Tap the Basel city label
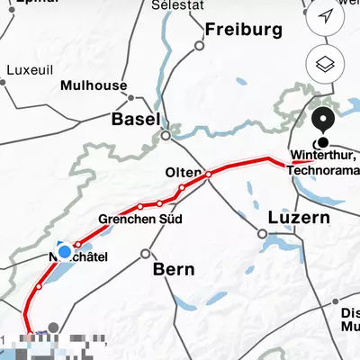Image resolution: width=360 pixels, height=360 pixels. pos(135,119)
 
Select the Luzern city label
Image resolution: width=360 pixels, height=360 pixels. pos(299,218)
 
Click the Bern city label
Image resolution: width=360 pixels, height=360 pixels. pos(174,268)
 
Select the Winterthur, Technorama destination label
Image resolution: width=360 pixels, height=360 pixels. pos(323,165)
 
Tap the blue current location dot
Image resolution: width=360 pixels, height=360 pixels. pos(64,251)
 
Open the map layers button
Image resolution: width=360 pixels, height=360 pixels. pos(326,64)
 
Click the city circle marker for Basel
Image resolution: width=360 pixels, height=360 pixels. pos(166,136)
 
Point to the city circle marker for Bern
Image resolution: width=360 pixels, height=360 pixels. pos(145,254)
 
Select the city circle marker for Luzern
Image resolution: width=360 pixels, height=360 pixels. pos(262,233)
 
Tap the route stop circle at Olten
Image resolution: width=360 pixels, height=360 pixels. pos(208,174)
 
